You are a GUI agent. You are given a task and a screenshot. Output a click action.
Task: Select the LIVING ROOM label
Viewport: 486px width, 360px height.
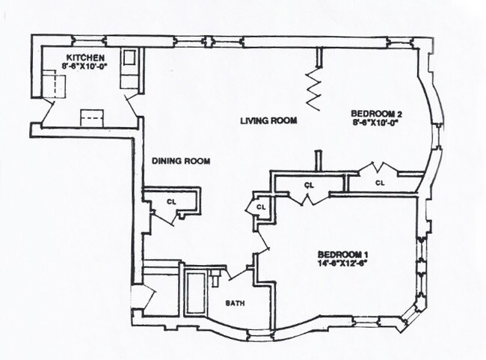point(269,120)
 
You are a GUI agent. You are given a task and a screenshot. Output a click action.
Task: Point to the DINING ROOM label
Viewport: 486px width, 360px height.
point(180,160)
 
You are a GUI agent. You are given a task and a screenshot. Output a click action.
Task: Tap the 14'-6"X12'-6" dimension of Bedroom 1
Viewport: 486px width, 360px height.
point(344,263)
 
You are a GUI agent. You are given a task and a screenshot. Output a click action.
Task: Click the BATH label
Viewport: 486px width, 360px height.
point(236,303)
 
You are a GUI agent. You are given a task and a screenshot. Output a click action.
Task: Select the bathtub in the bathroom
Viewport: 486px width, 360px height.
point(197,294)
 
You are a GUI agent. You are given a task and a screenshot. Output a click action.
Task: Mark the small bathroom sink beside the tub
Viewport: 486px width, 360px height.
point(216,279)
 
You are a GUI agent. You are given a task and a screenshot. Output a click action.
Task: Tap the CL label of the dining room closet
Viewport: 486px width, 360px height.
point(171,201)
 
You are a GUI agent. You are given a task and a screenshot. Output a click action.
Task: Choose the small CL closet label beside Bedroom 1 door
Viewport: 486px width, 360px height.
point(261,207)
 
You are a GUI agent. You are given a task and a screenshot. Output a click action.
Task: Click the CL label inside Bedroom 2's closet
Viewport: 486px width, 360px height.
point(380,182)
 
